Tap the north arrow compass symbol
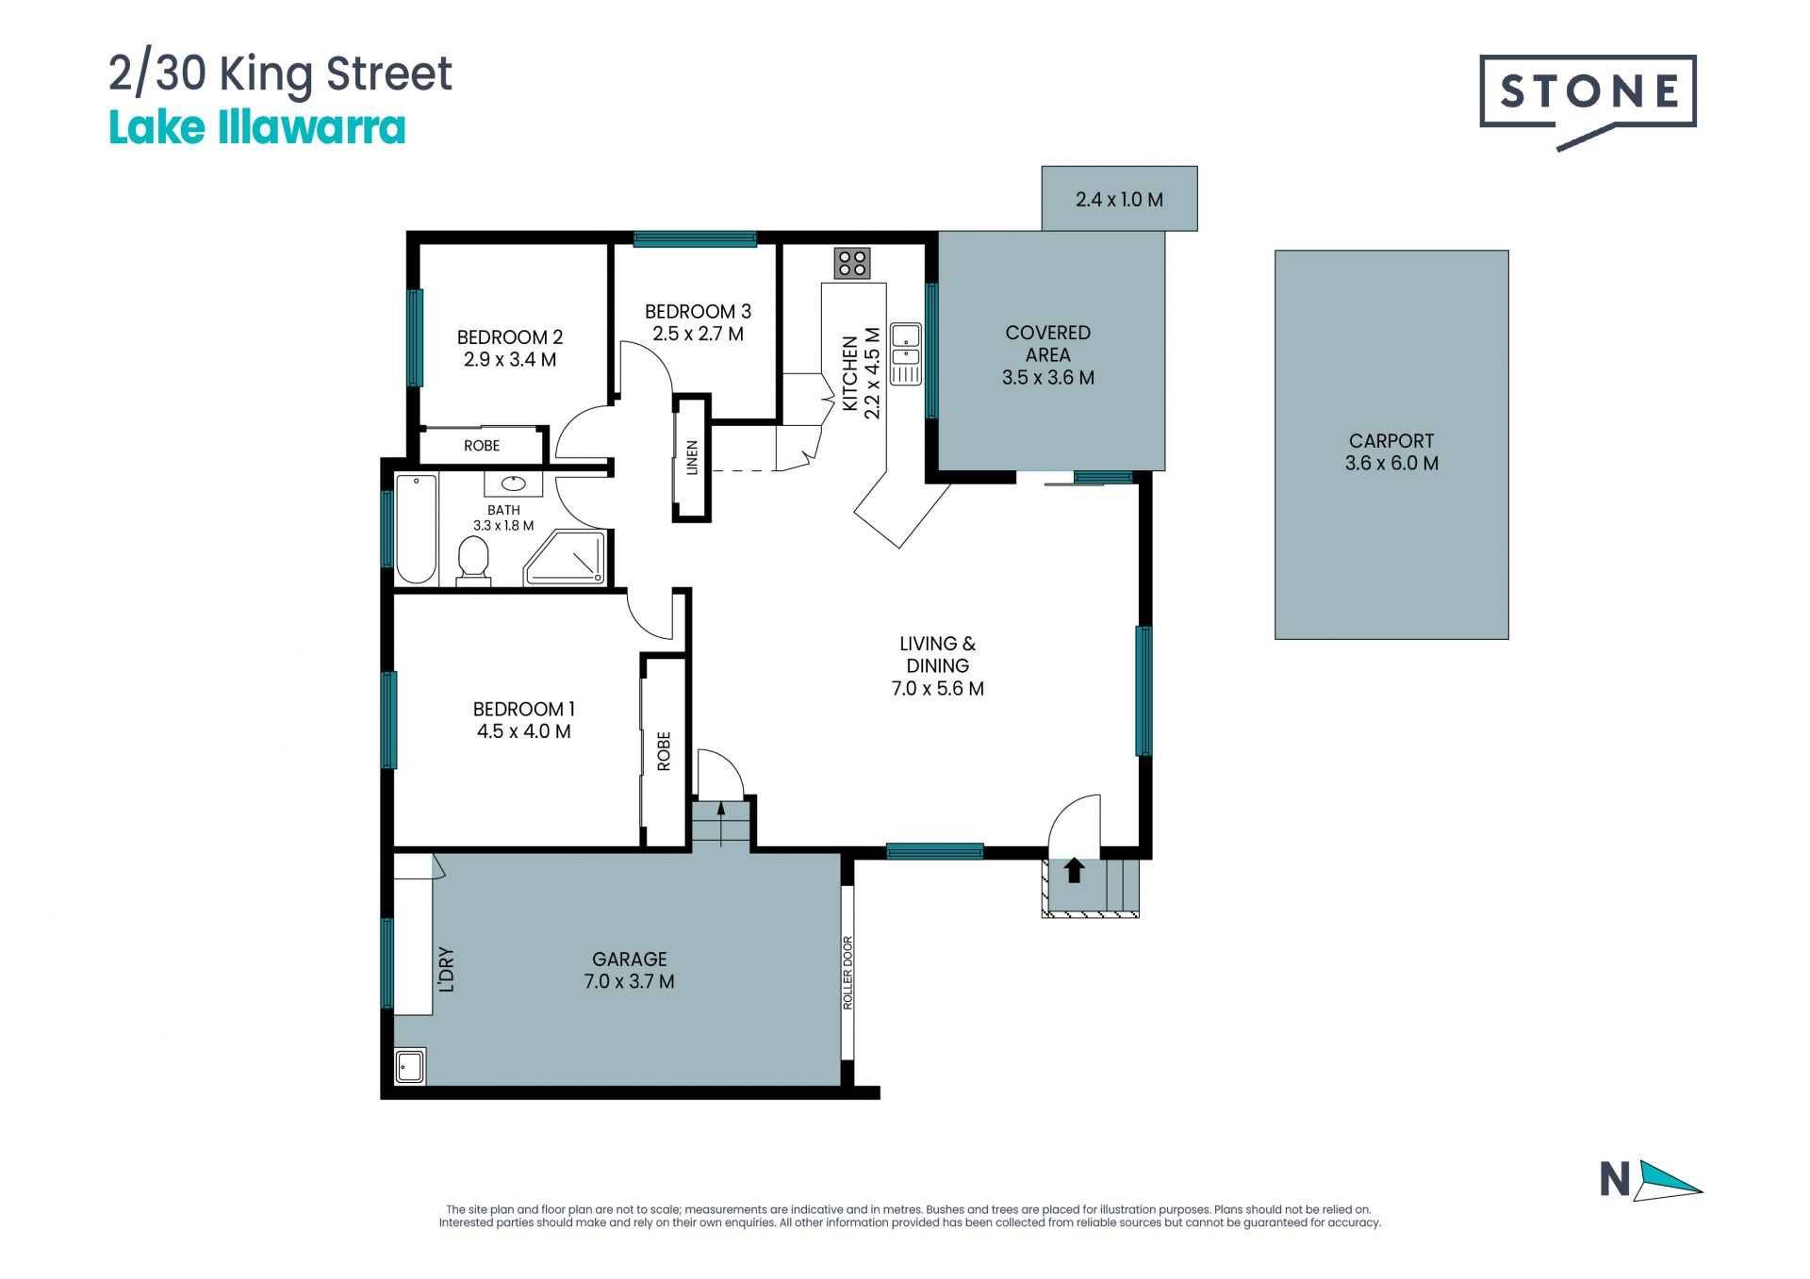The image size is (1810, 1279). point(1652,1180)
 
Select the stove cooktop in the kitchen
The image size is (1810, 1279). point(852,263)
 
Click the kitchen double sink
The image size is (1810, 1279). point(906,354)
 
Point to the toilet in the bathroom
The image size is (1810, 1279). point(473,562)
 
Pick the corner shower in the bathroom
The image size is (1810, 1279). point(566,558)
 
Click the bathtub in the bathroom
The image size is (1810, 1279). point(416,529)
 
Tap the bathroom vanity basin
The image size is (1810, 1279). point(514,484)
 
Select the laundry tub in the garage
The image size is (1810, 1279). point(410,1067)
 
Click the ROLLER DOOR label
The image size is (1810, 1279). point(847,973)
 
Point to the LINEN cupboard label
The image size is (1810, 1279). point(692,457)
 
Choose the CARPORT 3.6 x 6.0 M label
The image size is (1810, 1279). point(1391,451)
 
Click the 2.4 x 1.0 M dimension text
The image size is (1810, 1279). point(1119,200)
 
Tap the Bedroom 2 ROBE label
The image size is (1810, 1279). point(482,446)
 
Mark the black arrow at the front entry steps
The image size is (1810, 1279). point(1074,870)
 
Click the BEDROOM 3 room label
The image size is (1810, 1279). point(698,311)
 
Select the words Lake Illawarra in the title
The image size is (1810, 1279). point(257,128)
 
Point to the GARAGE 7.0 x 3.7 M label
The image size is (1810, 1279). point(630,970)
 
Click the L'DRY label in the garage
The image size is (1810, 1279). point(447,970)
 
